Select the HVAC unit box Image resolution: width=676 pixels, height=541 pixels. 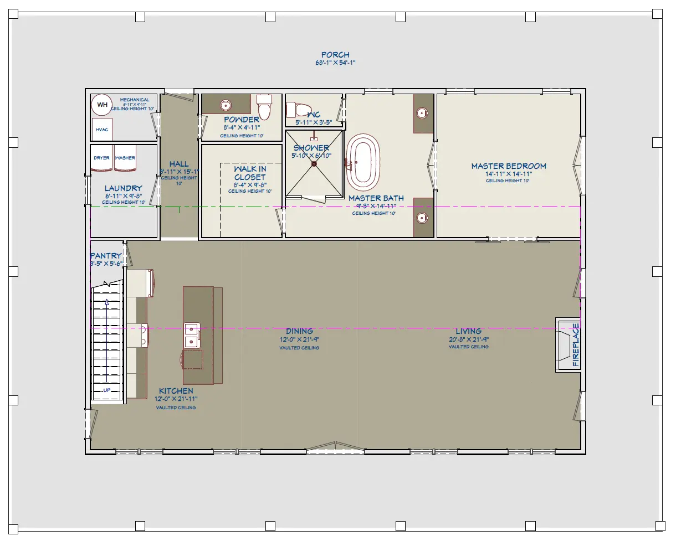pos(102,130)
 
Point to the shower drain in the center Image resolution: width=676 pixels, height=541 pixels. pos(314,163)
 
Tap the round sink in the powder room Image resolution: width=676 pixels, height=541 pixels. pos(226,105)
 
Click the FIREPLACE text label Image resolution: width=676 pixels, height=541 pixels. pos(576,344)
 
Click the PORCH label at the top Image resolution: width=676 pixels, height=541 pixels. pos(335,55)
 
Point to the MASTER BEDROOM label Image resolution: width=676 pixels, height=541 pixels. pos(508,166)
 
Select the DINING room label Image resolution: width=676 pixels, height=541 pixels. pos(299,331)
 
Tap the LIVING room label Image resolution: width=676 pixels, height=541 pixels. pos(468,331)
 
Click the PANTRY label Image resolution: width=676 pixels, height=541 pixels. pos(106,256)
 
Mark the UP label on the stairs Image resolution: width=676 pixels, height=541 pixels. pos(106,390)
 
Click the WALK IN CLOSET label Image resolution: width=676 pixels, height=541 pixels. pos(250,173)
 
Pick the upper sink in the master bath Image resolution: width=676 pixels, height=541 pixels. pos(423,113)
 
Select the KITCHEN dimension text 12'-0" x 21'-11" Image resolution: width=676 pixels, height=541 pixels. pos(176,399)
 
